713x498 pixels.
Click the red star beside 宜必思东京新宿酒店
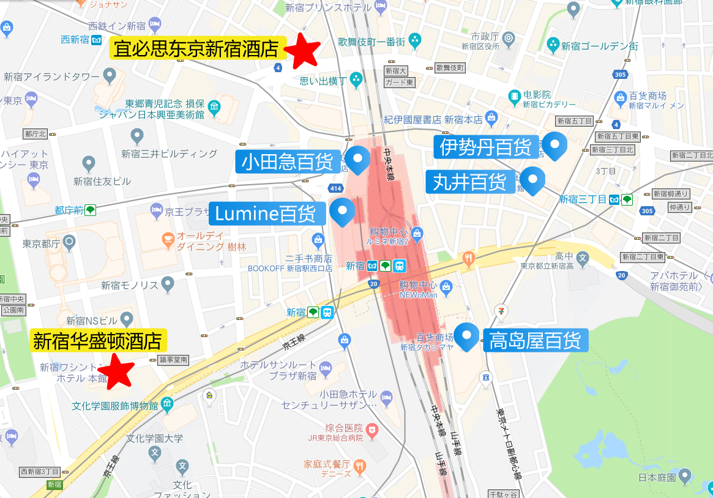[x=303, y=50]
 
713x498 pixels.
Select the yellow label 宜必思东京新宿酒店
[x=198, y=48]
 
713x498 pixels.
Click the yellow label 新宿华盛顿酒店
[x=99, y=341]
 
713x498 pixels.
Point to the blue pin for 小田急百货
[x=357, y=160]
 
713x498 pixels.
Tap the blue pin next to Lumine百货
[x=342, y=211]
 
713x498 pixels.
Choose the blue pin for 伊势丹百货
[x=555, y=145]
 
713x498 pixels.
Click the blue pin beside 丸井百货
[x=532, y=180]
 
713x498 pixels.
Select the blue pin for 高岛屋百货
[x=469, y=336]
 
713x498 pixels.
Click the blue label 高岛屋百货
[x=536, y=340]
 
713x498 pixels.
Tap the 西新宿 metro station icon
[x=96, y=40]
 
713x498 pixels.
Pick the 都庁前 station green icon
[x=90, y=210]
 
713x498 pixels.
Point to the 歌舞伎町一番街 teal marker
[x=416, y=42]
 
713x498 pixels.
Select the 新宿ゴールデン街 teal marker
[x=553, y=45]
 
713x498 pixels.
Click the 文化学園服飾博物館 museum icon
[x=167, y=405]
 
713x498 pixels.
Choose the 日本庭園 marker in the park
[x=684, y=475]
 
